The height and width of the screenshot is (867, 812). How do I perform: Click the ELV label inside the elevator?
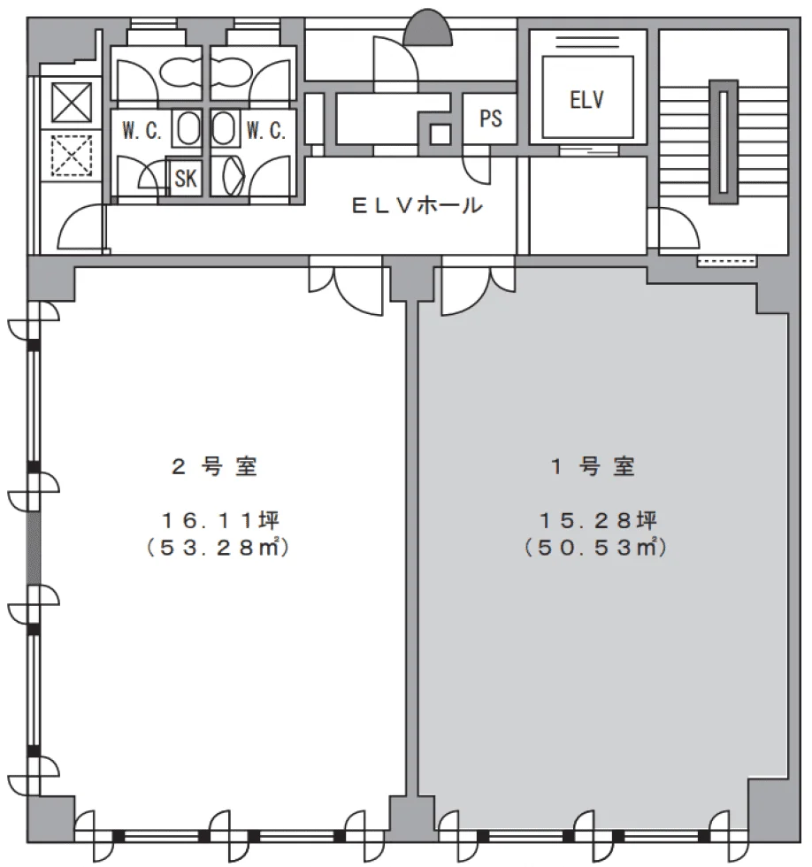(586, 99)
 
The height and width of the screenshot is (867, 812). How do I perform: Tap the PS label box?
(491, 119)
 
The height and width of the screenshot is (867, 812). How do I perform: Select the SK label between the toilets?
(186, 178)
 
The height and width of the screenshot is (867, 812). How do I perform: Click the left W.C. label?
(142, 131)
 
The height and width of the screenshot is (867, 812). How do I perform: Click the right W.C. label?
(264, 131)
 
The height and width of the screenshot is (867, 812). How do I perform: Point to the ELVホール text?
(417, 207)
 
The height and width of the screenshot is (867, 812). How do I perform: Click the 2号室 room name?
(214, 467)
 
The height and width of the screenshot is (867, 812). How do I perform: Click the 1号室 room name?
(594, 467)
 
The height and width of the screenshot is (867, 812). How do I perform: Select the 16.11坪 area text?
(220, 518)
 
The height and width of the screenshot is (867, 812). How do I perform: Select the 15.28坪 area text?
(594, 518)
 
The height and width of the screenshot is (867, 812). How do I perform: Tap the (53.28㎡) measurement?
(218, 548)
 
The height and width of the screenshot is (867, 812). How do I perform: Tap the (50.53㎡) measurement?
(594, 548)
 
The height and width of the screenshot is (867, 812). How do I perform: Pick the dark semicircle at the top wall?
(428, 29)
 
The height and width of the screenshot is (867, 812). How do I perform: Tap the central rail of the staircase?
(724, 142)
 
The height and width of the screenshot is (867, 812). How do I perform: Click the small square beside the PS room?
(440, 134)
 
